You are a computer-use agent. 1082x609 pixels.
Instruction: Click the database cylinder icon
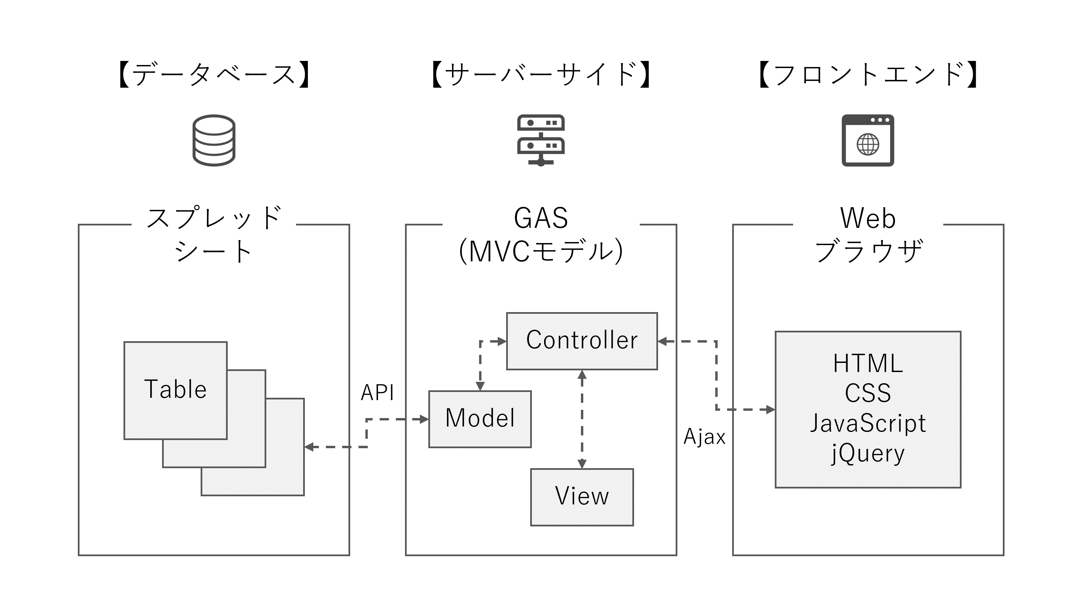pyautogui.click(x=214, y=140)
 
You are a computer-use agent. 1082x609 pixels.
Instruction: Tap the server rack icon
pyautogui.click(x=541, y=140)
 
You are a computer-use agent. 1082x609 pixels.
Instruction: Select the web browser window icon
pyautogui.click(x=868, y=140)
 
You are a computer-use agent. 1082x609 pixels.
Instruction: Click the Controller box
pyautogui.click(x=582, y=341)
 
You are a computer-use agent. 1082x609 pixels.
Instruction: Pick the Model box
pyautogui.click(x=480, y=419)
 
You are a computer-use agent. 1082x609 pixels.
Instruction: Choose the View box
pyautogui.click(x=582, y=497)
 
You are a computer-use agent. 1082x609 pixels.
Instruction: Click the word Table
pyautogui.click(x=176, y=389)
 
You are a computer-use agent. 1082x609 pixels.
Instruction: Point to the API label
pyautogui.click(x=377, y=393)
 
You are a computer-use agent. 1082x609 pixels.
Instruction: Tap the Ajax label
pyautogui.click(x=704, y=437)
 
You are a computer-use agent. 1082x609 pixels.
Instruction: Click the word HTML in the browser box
pyautogui.click(x=868, y=364)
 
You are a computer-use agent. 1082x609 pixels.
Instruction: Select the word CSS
pyautogui.click(x=868, y=393)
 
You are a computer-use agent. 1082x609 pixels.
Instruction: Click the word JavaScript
pyautogui.click(x=868, y=423)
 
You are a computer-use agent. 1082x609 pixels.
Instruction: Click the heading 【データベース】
pyautogui.click(x=214, y=75)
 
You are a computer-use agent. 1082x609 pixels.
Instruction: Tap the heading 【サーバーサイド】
pyautogui.click(x=541, y=75)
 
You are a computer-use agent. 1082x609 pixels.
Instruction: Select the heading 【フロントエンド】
pyautogui.click(x=868, y=75)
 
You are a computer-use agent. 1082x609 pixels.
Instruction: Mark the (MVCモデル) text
pyautogui.click(x=541, y=251)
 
